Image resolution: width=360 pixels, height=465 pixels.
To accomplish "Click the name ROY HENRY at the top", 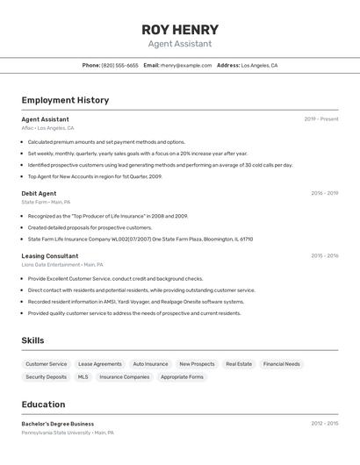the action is click(180, 29).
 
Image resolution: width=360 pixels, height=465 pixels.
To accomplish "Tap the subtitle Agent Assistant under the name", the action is click(180, 44).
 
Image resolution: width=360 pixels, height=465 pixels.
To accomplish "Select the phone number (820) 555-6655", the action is click(120, 65).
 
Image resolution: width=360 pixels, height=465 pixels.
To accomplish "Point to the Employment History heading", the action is click(65, 100).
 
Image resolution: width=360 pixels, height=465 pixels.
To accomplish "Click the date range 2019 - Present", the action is click(321, 119).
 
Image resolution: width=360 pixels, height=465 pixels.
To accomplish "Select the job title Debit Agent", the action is click(39, 193).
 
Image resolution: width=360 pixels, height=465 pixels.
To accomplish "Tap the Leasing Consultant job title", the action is click(50, 256).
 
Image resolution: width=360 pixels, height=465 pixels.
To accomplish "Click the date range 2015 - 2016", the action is click(324, 256).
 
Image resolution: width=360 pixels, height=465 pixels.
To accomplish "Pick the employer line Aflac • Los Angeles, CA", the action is click(47, 128).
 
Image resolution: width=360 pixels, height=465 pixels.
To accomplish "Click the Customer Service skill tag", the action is click(46, 364).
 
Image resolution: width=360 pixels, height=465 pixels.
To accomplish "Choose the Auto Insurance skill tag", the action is click(150, 364).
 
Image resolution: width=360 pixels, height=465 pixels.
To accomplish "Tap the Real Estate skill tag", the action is click(239, 364).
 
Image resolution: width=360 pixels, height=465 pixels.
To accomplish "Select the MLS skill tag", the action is click(83, 377).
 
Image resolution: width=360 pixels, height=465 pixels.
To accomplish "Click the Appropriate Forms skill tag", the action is click(182, 377).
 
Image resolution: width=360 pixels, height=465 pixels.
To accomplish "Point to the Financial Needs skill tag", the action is click(281, 364).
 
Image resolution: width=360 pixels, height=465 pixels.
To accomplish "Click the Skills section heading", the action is click(32, 340).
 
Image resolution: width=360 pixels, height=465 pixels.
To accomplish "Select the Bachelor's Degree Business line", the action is click(58, 424).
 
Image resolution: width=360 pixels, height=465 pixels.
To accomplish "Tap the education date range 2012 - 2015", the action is click(324, 424).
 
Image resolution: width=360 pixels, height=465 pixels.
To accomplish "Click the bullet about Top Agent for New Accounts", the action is click(95, 176).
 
